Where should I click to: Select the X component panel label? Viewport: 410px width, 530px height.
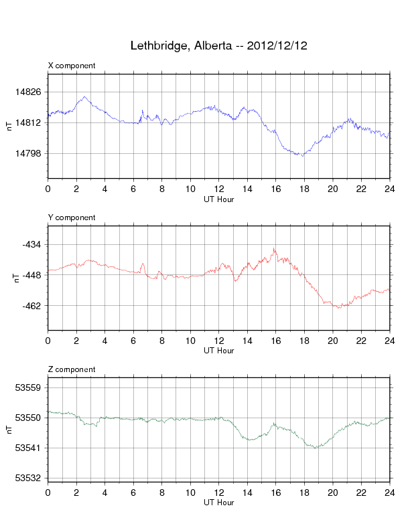[x=72, y=66]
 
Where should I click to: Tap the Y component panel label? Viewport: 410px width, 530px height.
[x=72, y=217]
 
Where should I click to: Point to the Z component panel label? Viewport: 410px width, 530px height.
[x=72, y=369]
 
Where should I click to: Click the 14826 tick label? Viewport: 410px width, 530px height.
[x=28, y=92]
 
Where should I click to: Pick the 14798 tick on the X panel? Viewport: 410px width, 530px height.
[x=28, y=153]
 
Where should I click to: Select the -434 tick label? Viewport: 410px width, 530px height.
[x=31, y=244]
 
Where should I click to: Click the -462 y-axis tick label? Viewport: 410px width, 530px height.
[x=31, y=306]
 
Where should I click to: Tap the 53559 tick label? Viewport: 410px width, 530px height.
[x=28, y=387]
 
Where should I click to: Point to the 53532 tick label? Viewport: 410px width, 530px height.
[x=28, y=478]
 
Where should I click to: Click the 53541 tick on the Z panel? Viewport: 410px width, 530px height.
[x=28, y=448]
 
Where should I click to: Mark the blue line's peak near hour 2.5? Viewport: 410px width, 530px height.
[x=84, y=96]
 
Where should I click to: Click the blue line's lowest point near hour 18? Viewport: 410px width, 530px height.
[x=303, y=156]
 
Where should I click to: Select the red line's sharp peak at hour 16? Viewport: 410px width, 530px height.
[x=274, y=248]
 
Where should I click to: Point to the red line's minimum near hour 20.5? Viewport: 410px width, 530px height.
[x=339, y=308]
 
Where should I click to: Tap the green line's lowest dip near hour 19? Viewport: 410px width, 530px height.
[x=316, y=448]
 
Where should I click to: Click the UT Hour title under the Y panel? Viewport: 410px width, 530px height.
[x=219, y=351]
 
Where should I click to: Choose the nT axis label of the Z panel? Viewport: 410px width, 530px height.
[x=9, y=430]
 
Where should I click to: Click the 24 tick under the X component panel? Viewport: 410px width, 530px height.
[x=390, y=189]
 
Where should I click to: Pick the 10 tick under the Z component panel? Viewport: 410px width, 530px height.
[x=190, y=493]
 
